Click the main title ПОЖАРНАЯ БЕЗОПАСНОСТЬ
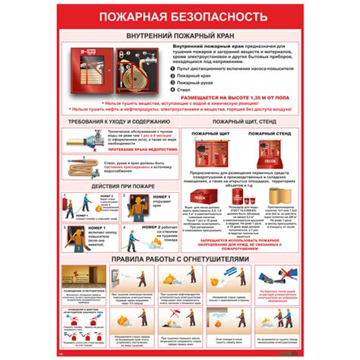[x=179, y=15]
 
